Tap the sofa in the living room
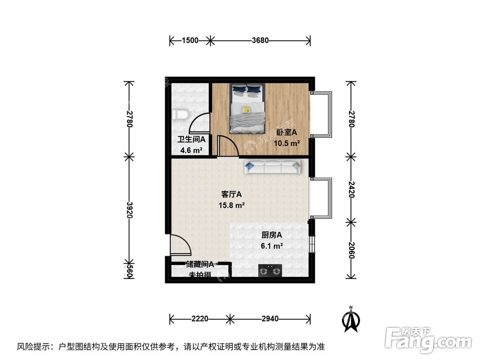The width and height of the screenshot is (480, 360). pyautogui.click(x=272, y=167)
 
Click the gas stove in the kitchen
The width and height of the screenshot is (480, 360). pyautogui.click(x=269, y=271)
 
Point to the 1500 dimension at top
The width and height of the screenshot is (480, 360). pyautogui.click(x=190, y=41)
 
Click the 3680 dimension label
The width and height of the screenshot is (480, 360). pyautogui.click(x=260, y=41)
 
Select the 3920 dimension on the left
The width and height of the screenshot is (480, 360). pyautogui.click(x=129, y=209)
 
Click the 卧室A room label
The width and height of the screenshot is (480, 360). pyautogui.click(x=287, y=132)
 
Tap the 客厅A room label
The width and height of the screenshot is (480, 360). pyautogui.click(x=231, y=194)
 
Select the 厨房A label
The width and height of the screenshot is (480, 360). pyautogui.click(x=271, y=235)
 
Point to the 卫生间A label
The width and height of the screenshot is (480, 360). pyautogui.click(x=192, y=140)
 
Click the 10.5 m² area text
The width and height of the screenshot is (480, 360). pyautogui.click(x=287, y=143)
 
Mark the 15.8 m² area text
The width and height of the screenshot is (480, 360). pyautogui.click(x=231, y=205)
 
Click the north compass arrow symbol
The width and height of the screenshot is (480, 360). pyautogui.click(x=351, y=319)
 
